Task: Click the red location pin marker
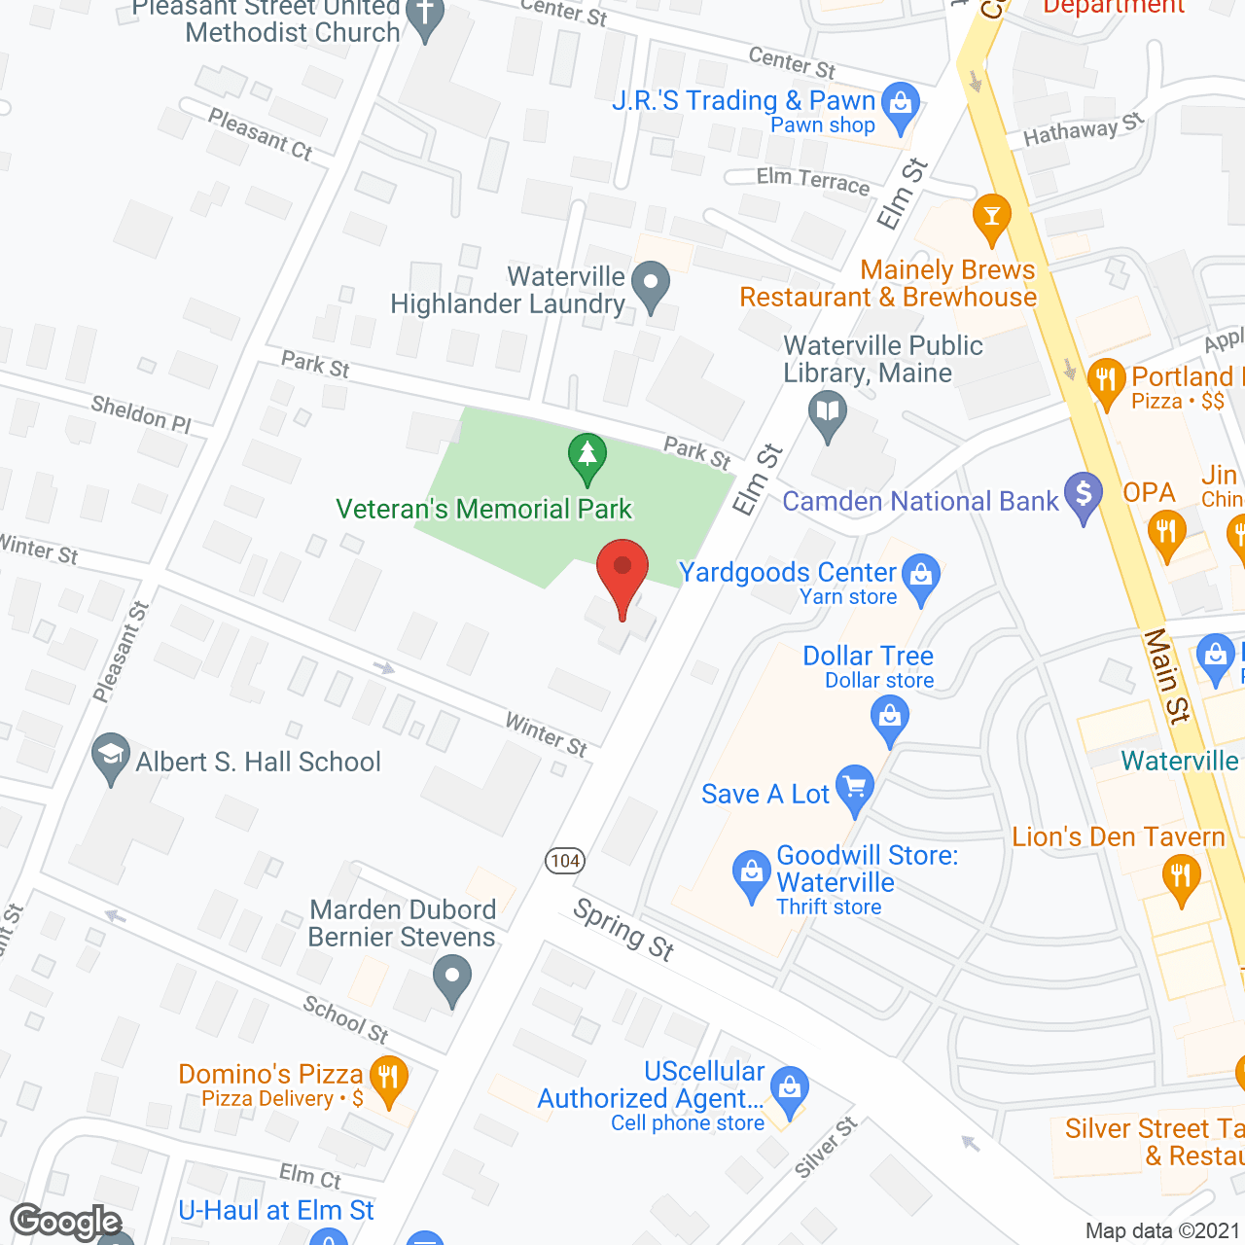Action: click(622, 574)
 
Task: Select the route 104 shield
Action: click(565, 861)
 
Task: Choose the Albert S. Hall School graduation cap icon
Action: click(111, 756)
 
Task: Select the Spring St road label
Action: click(623, 929)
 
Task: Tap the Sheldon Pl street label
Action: click(141, 413)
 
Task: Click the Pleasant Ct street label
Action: click(260, 133)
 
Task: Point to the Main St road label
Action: click(1166, 676)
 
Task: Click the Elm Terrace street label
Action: click(813, 180)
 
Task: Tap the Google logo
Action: click(65, 1222)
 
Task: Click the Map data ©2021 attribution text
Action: click(1162, 1230)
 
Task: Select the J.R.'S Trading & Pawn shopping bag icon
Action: click(901, 104)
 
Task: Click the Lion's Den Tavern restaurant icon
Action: click(1181, 877)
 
